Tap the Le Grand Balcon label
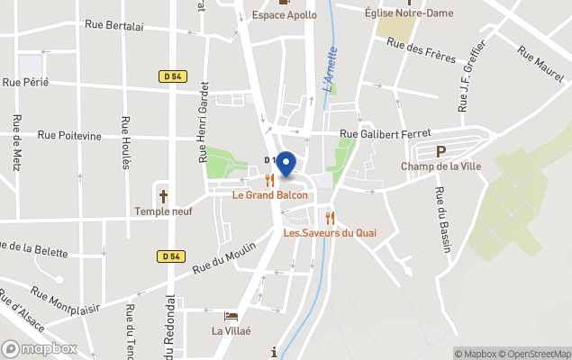pyautogui.click(x=269, y=194)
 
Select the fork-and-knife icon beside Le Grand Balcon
pyautogui.click(x=269, y=179)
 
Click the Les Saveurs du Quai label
pyautogui.click(x=330, y=233)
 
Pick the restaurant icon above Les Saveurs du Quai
pyautogui.click(x=330, y=218)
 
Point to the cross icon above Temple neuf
pyautogui.click(x=164, y=195)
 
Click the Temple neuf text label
pyautogui.click(x=163, y=211)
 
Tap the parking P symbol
pyautogui.click(x=440, y=152)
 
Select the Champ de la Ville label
pyautogui.click(x=440, y=166)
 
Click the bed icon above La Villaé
pyautogui.click(x=232, y=317)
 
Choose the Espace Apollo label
pyautogui.click(x=285, y=14)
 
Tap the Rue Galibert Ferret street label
pyautogui.click(x=385, y=134)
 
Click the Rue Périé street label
pyautogui.click(x=25, y=82)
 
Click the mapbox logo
pyautogui.click(x=40, y=348)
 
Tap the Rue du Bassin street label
pyautogui.click(x=442, y=220)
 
